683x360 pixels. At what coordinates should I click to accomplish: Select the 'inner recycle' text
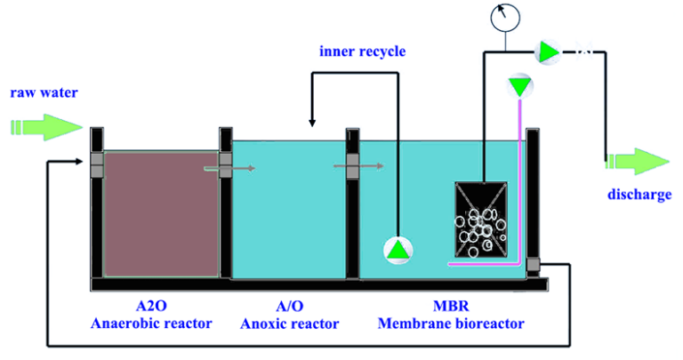pyautogui.click(x=362, y=52)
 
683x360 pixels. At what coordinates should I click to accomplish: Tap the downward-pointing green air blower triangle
pyautogui.click(x=518, y=85)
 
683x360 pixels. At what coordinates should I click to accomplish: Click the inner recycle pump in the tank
pyautogui.click(x=398, y=251)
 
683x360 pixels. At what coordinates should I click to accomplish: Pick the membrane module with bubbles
pyautogui.click(x=482, y=222)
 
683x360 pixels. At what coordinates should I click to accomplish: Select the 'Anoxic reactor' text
pyautogui.click(x=290, y=324)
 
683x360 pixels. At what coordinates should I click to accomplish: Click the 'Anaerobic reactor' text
pyautogui.click(x=151, y=324)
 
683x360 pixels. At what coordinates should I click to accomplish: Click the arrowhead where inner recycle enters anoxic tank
pyautogui.click(x=310, y=120)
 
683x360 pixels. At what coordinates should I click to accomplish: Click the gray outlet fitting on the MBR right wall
pyautogui.click(x=533, y=264)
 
